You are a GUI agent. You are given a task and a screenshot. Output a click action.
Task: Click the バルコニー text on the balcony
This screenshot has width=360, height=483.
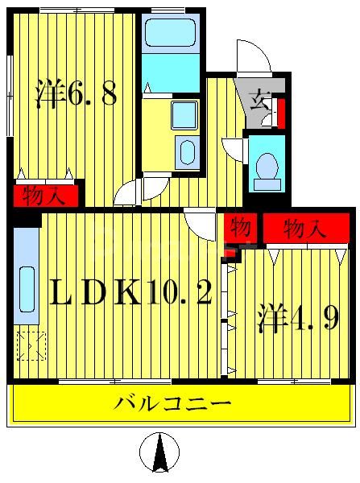tap(173, 403)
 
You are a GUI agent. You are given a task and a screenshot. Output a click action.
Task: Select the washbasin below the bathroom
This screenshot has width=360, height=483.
tap(186, 151)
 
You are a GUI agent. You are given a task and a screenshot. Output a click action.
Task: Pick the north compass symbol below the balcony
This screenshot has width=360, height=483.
tap(159, 452)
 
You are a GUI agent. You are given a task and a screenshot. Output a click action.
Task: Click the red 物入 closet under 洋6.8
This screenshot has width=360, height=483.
tap(46, 196)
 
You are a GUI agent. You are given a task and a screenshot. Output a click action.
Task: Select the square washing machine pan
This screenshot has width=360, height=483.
tap(185, 114)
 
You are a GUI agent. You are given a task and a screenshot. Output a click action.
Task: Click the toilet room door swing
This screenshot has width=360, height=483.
tap(234, 150)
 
